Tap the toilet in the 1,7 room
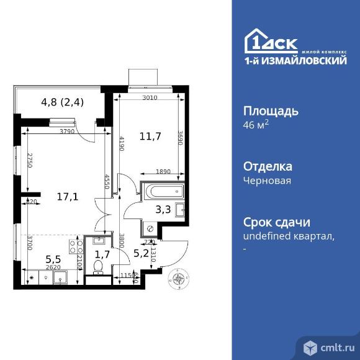tap(96, 266)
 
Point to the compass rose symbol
tap(181, 279)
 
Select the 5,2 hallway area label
tap(140, 252)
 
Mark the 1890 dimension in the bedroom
tap(163, 173)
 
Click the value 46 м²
tap(255, 125)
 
